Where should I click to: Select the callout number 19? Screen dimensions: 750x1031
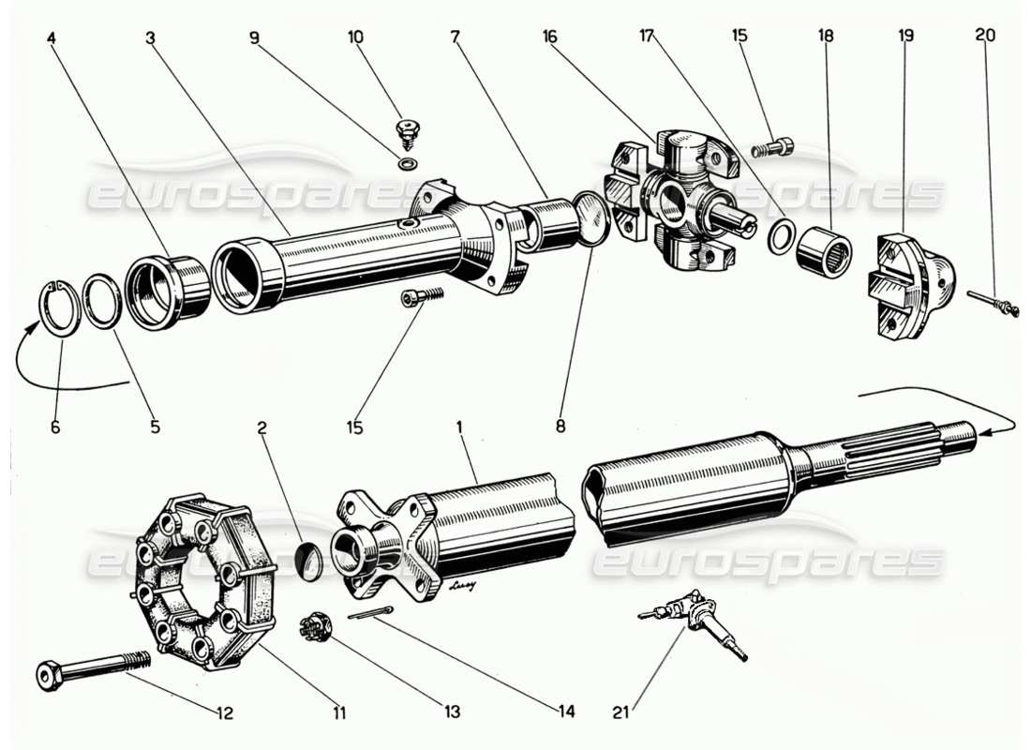click(905, 37)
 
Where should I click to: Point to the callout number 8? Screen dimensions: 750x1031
click(560, 427)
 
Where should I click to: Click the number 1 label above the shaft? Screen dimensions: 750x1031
click(459, 427)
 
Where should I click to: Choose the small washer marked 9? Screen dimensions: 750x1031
click(408, 164)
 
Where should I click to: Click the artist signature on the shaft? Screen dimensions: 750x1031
click(463, 588)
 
